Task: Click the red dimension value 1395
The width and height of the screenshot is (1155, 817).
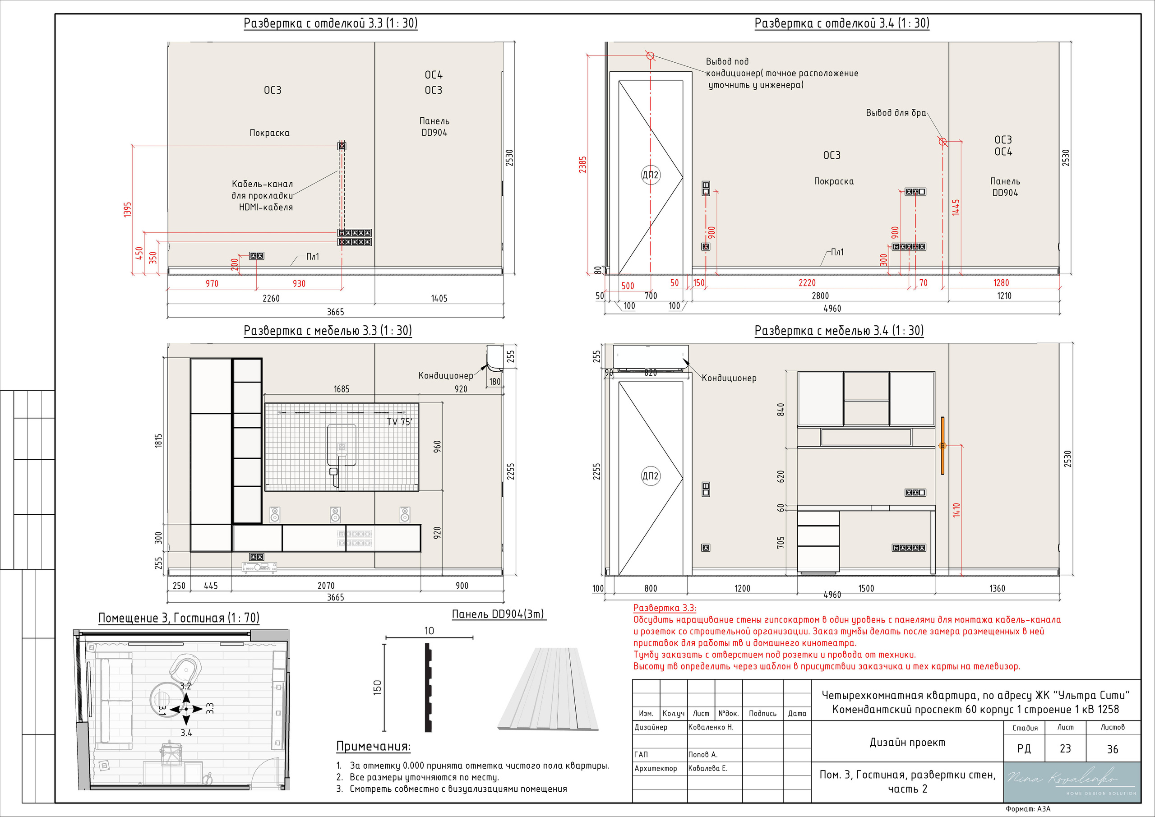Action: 127,209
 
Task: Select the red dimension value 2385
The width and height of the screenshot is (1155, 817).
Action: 582,165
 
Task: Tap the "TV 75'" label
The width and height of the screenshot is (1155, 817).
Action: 399,421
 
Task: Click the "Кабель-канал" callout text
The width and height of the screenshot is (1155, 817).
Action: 262,184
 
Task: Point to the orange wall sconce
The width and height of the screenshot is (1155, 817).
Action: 942,446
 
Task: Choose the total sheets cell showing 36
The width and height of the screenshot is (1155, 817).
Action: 1113,749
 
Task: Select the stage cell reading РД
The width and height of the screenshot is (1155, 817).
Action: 1024,748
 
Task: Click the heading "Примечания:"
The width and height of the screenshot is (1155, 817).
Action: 373,747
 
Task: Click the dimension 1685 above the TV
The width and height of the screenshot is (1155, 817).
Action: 341,389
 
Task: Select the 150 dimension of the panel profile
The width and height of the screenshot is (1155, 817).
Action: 377,688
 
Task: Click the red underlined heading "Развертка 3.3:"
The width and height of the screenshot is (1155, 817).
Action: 665,608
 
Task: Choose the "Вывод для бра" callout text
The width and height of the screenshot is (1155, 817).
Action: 896,113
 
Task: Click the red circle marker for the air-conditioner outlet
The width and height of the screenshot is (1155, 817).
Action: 650,56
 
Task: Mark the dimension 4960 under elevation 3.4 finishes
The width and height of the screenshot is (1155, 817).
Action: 832,309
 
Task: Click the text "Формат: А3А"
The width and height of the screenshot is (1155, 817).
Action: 1028,809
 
